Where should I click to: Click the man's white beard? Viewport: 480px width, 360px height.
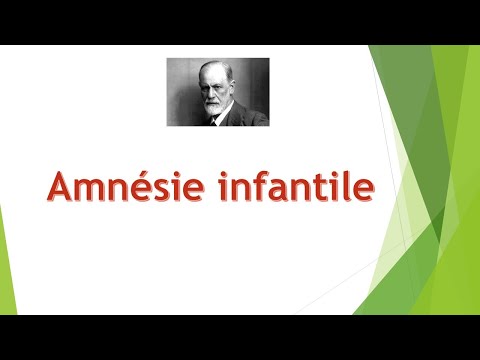(x=211, y=104)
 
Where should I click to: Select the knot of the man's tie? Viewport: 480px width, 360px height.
(x=212, y=119)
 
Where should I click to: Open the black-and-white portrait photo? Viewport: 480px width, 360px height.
(x=217, y=91)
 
